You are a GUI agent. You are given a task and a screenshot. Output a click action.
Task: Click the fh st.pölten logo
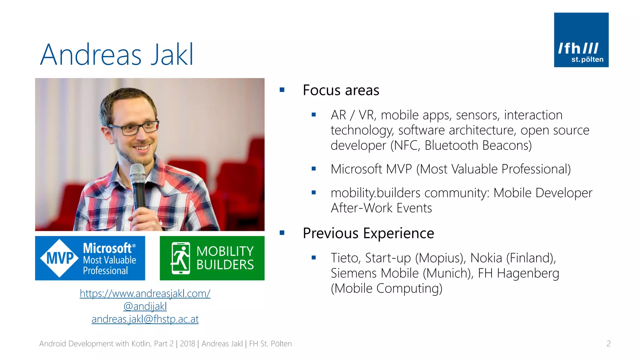tap(581, 40)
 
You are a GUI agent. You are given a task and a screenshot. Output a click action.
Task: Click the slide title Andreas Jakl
tap(117, 55)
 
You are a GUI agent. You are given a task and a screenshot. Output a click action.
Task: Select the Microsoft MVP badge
tap(90, 258)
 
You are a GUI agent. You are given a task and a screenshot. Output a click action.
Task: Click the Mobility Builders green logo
tap(212, 258)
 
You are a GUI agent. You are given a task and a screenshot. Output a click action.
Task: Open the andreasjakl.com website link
tap(145, 293)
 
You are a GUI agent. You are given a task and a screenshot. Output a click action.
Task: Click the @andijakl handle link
tap(145, 306)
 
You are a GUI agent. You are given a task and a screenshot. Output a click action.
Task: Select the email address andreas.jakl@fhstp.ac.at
tap(145, 319)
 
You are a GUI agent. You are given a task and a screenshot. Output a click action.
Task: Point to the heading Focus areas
tap(341, 90)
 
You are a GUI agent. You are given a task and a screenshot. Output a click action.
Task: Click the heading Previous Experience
tap(368, 233)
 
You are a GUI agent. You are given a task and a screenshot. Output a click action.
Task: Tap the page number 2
tap(608, 344)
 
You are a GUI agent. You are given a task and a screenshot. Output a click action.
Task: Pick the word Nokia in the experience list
tap(486, 258)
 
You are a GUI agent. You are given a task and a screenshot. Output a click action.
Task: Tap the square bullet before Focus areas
tap(282, 90)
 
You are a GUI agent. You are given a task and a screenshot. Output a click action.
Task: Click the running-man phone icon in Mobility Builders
tap(181, 258)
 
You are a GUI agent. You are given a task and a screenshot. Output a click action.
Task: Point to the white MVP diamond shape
tap(59, 258)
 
